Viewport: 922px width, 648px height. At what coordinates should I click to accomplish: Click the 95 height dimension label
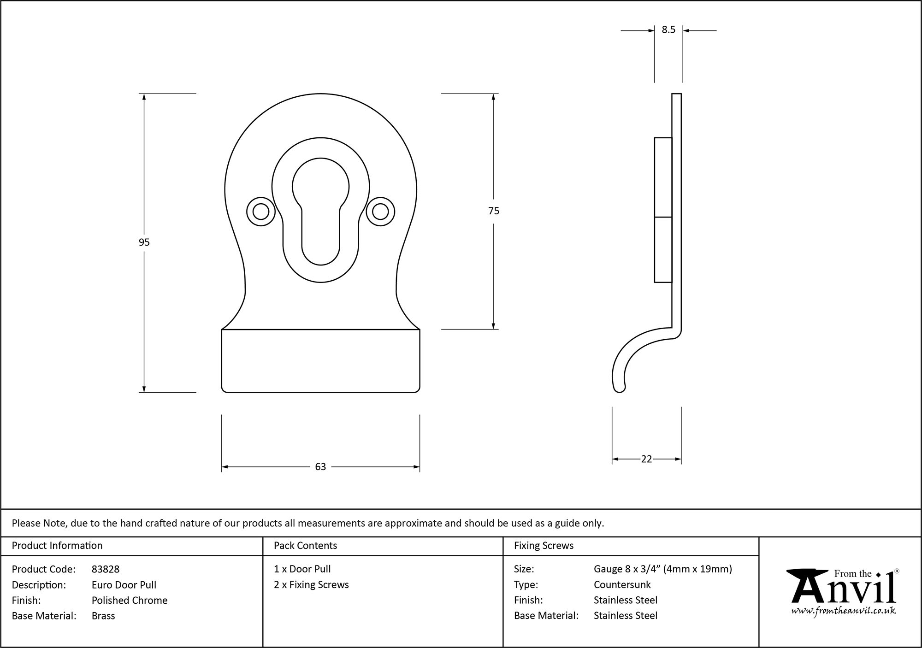[144, 242]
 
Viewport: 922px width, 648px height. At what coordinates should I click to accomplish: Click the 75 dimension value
[493, 211]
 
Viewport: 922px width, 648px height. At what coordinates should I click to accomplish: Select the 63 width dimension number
[320, 467]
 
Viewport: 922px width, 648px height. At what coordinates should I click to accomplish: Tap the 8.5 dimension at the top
[668, 30]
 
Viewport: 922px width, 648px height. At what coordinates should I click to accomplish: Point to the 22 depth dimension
[646, 459]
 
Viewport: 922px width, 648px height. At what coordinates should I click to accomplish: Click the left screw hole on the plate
[261, 212]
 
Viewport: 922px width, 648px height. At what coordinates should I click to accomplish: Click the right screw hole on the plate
[380, 212]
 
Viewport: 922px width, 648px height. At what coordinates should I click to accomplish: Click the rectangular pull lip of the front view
[320, 361]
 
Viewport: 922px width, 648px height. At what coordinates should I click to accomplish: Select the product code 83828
[106, 569]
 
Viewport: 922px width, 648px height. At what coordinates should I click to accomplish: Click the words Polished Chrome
[130, 600]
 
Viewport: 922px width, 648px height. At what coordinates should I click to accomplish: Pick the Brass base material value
[103, 616]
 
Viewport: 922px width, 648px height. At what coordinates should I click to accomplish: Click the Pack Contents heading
[305, 546]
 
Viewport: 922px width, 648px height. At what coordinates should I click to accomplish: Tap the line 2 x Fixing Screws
[311, 584]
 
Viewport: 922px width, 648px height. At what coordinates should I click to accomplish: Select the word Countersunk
[622, 584]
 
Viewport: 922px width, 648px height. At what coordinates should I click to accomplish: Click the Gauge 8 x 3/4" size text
[662, 569]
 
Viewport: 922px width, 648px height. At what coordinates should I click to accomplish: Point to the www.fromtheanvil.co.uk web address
[843, 611]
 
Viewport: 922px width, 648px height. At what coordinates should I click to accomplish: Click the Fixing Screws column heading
[544, 546]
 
